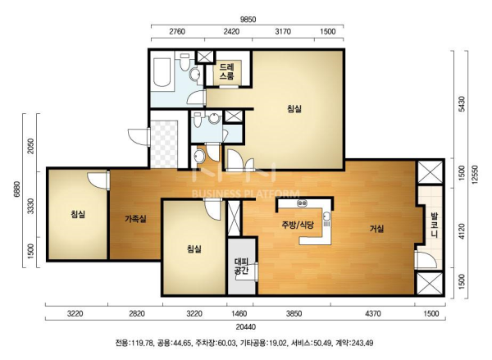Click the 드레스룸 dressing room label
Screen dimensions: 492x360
coord(226,71)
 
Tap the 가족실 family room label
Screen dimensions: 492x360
coord(135,218)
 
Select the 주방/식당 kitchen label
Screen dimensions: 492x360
coord(298,225)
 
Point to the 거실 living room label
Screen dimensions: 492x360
coord(376,229)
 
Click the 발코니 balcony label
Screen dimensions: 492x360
coord(435,225)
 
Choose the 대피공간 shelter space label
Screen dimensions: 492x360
coord(242,266)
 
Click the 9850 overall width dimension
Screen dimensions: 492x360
coord(248,20)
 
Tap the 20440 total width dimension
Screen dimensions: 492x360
coord(246,327)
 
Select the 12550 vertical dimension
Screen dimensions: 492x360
coord(476,175)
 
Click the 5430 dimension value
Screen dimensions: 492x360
coord(461,103)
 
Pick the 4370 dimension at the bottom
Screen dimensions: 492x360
coord(373,313)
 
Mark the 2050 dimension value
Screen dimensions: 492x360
coord(30,146)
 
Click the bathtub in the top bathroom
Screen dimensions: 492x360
coord(162,71)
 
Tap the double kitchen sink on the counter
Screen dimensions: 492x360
coord(302,203)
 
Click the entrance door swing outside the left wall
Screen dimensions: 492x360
coord(138,136)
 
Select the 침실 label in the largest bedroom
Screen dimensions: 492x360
coord(294,109)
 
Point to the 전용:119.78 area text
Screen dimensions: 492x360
coord(134,343)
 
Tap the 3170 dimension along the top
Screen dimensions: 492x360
coord(283,31)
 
